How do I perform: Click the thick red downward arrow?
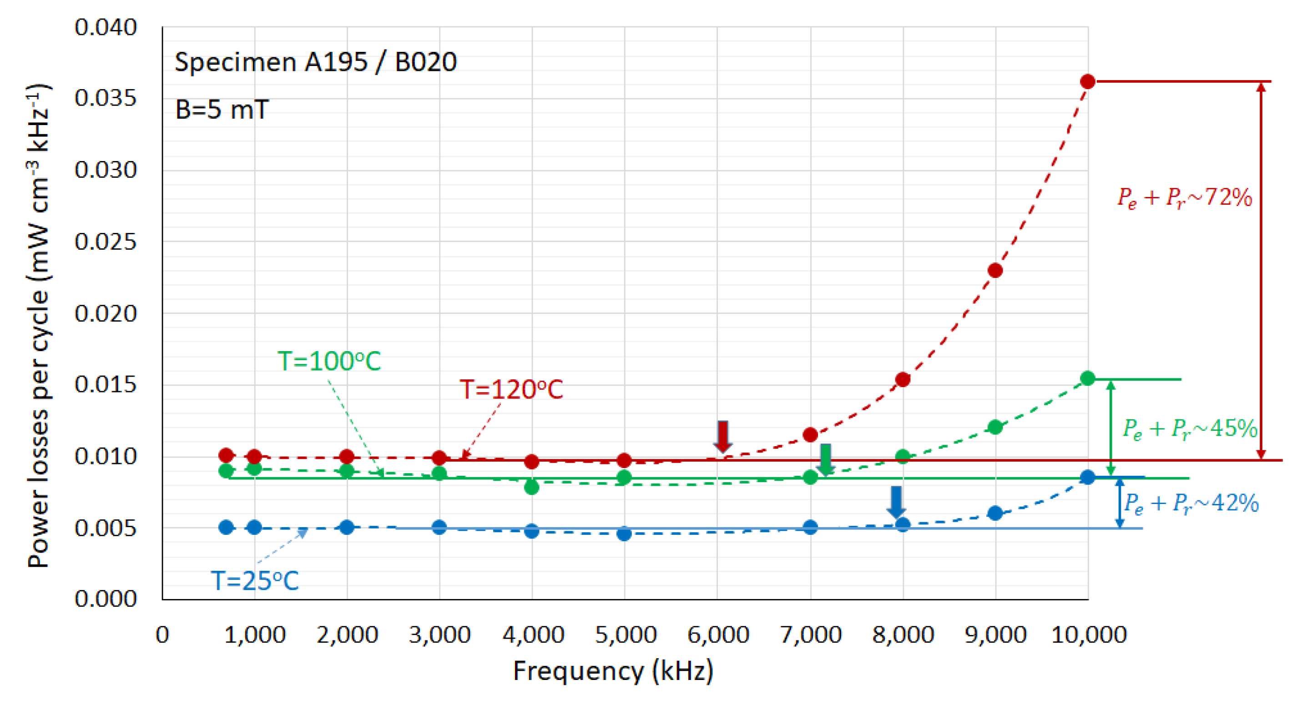coord(723,436)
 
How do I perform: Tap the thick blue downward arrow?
coord(896,502)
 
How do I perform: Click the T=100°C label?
coord(329,361)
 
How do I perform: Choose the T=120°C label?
coord(511,389)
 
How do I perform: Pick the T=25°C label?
coord(255,581)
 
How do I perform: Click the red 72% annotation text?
coord(1185,197)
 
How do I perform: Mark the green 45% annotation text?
coord(1190,428)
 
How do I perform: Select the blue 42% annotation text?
coord(1191,503)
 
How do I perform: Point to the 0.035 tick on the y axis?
coord(106,98)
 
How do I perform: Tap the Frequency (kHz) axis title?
coord(613,671)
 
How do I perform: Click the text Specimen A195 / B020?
coord(316,62)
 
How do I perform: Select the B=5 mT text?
coord(222,110)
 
